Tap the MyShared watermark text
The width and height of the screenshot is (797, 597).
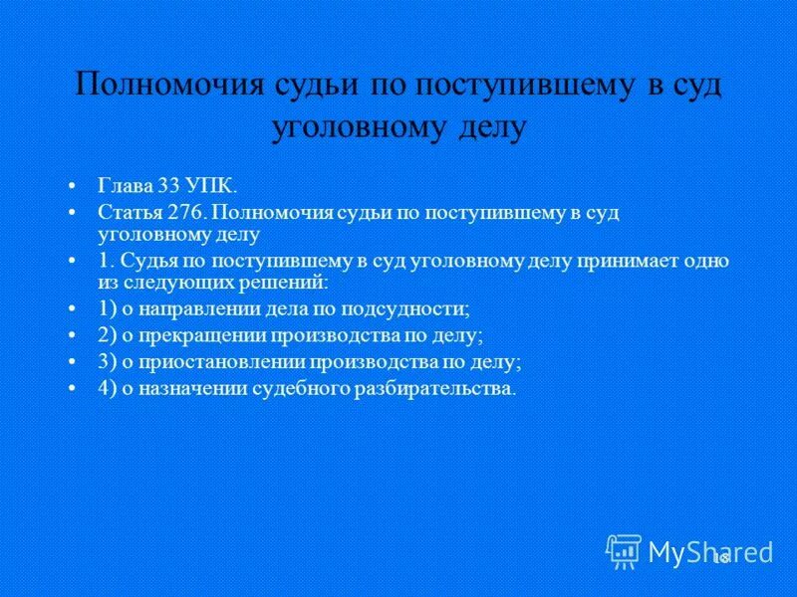coord(710,550)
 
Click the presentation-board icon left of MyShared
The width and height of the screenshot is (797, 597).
coord(624,550)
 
